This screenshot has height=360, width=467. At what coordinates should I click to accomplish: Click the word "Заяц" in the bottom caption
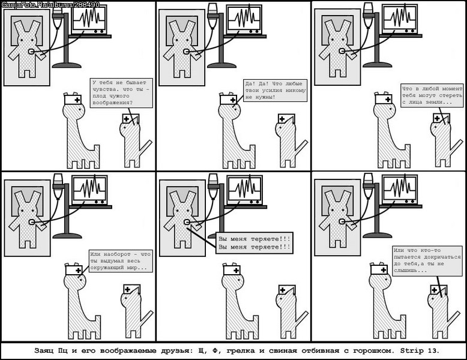[43, 350]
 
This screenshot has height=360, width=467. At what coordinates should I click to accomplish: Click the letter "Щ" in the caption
[202, 350]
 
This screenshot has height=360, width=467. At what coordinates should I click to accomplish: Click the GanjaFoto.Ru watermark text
[50, 5]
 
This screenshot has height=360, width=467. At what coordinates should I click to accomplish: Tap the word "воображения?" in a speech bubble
[112, 103]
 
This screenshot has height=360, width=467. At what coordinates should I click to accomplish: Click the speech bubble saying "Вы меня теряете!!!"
[255, 243]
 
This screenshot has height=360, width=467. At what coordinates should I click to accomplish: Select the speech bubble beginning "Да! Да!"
[275, 91]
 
